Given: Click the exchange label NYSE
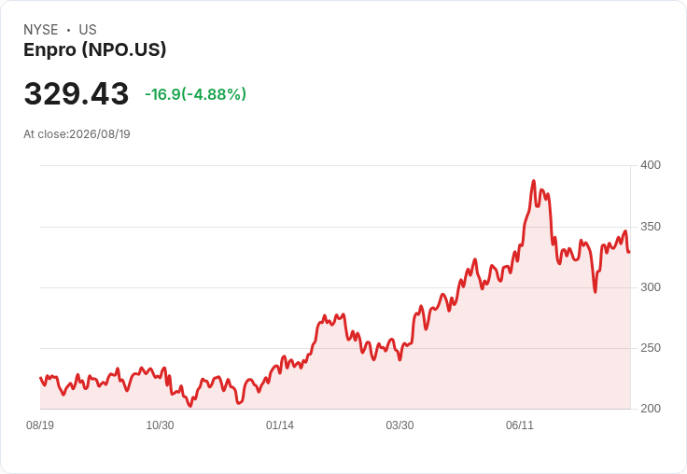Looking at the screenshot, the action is point(41,30).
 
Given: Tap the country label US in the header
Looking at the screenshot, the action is point(88,30).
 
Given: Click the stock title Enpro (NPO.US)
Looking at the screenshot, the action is point(95,50).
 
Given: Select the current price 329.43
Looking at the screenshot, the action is point(77,93).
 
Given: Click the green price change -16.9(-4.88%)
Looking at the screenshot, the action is point(195,94).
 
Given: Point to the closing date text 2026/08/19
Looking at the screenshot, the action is point(100,134).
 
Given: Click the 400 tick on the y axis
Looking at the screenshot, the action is point(651,165).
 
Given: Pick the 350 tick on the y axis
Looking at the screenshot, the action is point(651,227).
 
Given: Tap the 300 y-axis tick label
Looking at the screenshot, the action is point(651,287).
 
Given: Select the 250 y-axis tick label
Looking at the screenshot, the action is point(651,348).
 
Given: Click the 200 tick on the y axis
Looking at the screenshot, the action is point(651,409).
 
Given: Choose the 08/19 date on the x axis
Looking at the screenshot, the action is point(40,425).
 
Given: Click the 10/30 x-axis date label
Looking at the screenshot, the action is point(160,425).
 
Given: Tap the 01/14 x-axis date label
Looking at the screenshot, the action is point(279,425).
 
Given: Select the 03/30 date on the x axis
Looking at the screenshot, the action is point(400,425).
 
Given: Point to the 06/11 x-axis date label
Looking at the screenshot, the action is point(520,425).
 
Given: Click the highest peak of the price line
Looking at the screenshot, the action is point(534,180).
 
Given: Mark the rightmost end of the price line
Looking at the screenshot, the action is point(629,252).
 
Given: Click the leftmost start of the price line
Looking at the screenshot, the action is point(41,378).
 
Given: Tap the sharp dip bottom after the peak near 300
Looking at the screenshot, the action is point(595,292).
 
